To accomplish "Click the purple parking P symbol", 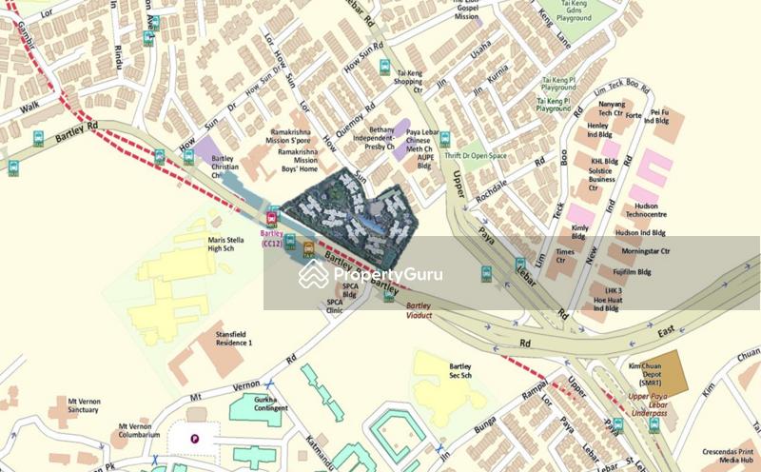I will click(196, 439).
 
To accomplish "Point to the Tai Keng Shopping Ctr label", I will click(409, 77).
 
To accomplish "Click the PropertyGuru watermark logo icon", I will click(313, 274).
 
